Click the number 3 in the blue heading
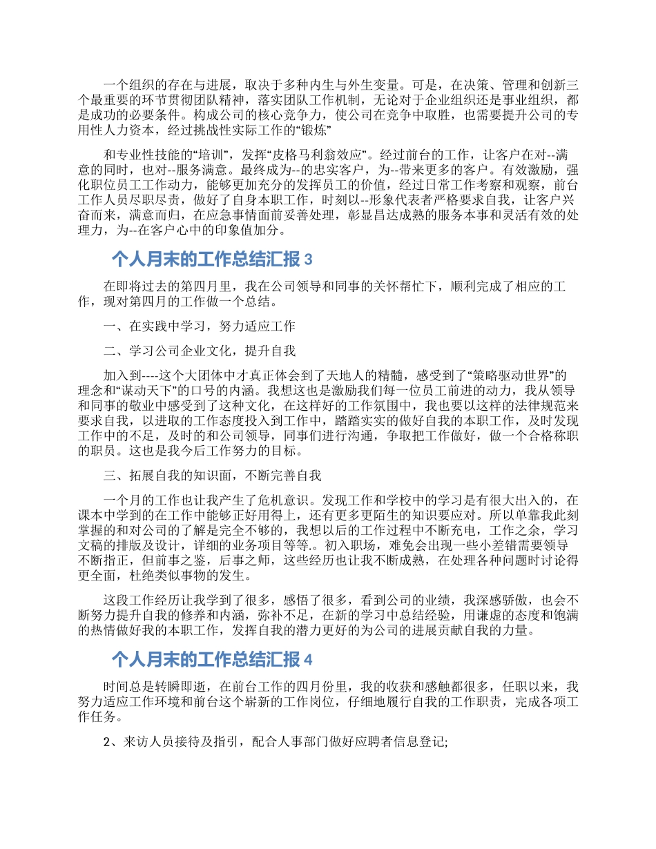[x=309, y=260]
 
